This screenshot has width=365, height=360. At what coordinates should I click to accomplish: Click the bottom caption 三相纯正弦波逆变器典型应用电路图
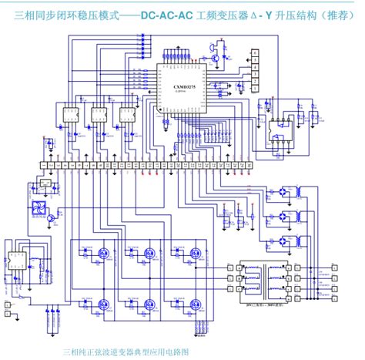[x=126, y=351]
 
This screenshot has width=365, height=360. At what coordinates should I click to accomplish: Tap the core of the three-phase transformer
[x=263, y=274]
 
